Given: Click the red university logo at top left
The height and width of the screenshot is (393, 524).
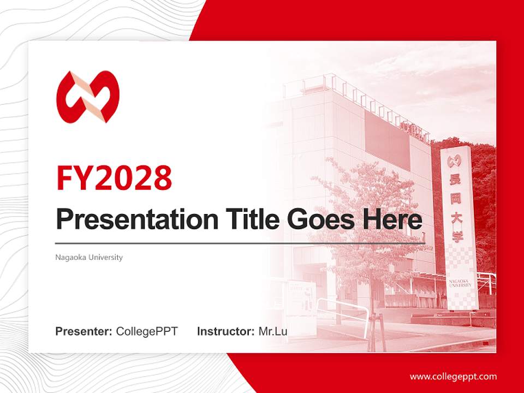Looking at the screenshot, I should (x=87, y=97).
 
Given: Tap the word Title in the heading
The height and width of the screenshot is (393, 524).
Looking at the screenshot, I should (x=252, y=219).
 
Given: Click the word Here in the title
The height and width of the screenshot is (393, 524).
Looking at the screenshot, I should (x=392, y=219).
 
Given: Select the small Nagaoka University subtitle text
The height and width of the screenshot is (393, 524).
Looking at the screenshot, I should (x=89, y=257).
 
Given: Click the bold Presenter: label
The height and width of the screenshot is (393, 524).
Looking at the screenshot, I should (x=84, y=331).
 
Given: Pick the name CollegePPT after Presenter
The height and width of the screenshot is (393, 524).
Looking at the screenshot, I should (x=147, y=331).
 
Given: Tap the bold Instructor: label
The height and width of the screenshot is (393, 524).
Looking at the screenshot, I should (x=225, y=331).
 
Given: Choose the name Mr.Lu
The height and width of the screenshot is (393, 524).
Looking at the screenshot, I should (x=273, y=331).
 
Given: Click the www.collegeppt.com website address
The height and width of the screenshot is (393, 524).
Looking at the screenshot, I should (x=453, y=376).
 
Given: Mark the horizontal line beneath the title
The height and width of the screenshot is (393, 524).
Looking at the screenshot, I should (x=240, y=243).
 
